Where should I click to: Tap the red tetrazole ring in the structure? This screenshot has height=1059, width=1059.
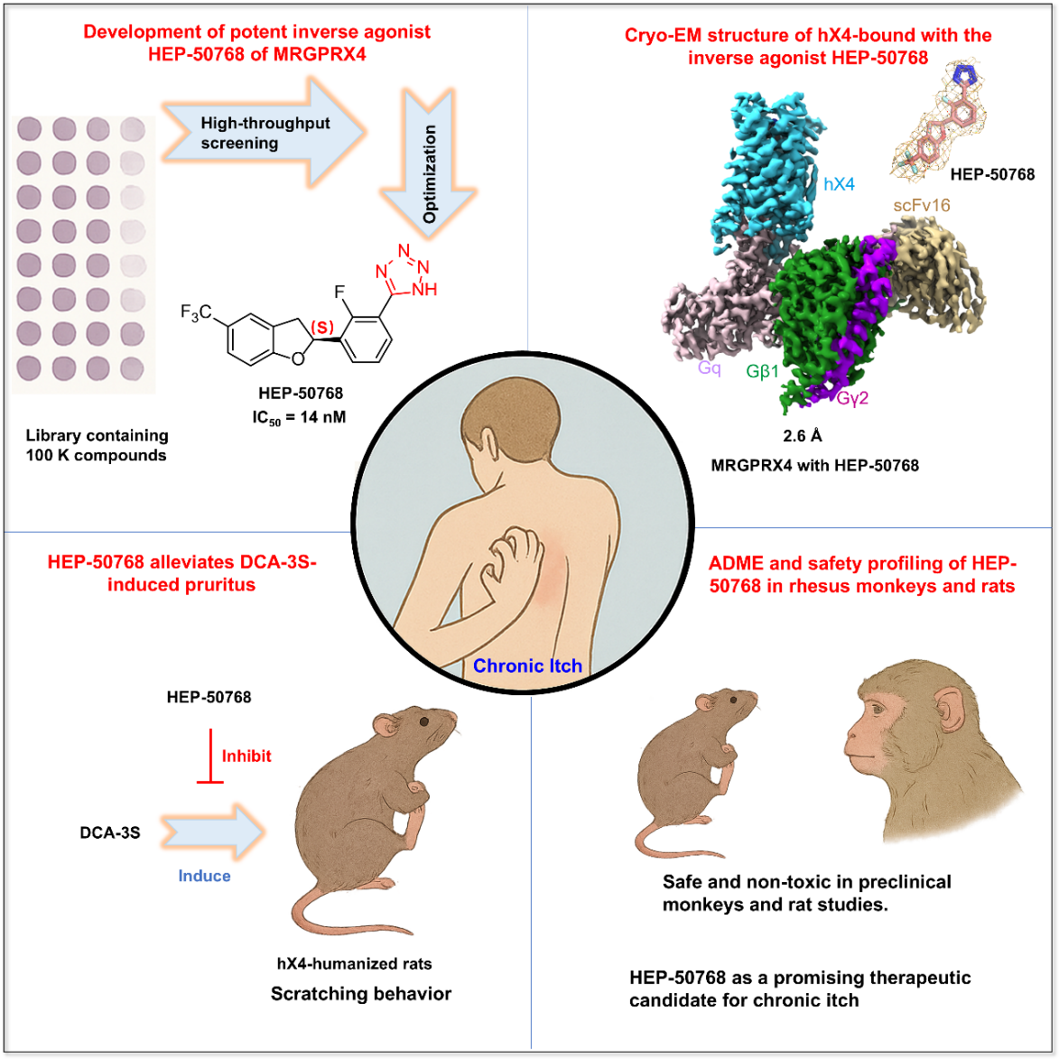point(404,270)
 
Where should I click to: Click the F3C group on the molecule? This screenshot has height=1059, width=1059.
point(196,313)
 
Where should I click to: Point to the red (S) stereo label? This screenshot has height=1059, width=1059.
point(322,327)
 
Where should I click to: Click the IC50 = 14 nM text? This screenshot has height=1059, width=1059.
point(299,417)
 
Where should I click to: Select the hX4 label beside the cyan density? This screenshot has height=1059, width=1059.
point(839,184)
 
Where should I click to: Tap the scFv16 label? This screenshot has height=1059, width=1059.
point(922,206)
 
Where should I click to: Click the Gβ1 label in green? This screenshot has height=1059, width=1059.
point(762,371)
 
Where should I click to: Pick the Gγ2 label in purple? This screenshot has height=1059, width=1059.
point(852,397)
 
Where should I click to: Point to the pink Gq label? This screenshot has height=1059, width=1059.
point(709,368)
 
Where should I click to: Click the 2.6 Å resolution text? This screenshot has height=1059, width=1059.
point(803,436)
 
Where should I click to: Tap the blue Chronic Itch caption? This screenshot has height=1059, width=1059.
point(527,666)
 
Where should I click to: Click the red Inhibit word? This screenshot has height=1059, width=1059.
point(246,757)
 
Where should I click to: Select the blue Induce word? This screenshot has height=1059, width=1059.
point(204,876)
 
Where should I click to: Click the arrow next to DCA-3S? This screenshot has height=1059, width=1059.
point(213,831)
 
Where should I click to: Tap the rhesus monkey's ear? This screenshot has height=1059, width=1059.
point(949,712)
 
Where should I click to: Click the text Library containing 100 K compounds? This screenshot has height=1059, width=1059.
point(97,445)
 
